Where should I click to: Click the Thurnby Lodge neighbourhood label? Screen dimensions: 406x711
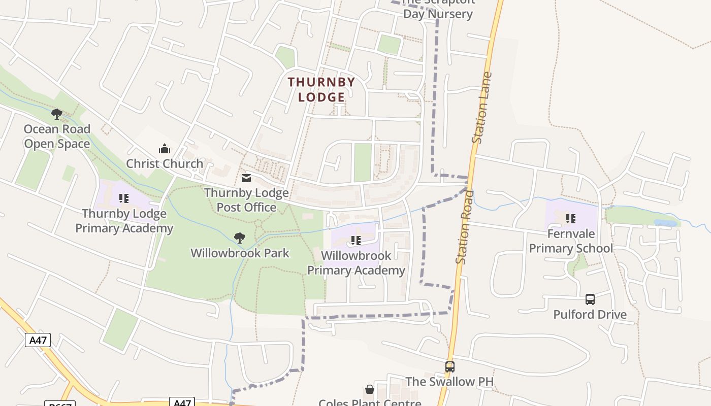(x=321, y=89)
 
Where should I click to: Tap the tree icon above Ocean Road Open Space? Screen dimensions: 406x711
(x=57, y=114)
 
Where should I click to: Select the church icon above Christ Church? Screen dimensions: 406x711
(x=165, y=149)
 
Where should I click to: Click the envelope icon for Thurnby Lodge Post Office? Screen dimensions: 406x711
(x=246, y=178)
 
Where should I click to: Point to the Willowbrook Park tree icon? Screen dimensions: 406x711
(x=240, y=238)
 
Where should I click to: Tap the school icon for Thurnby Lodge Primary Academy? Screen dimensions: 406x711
(x=124, y=198)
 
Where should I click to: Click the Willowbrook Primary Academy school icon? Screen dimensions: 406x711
(x=356, y=241)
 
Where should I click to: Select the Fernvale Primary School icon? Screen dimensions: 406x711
(x=571, y=219)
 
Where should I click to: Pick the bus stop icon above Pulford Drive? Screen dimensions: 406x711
(x=590, y=299)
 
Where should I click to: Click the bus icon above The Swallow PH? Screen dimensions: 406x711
(x=449, y=366)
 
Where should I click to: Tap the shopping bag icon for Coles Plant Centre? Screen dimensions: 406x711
(x=370, y=389)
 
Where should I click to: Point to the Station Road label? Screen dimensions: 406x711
(x=465, y=227)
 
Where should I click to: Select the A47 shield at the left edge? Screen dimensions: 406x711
(x=38, y=340)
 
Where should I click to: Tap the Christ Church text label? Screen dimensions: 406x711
(x=165, y=164)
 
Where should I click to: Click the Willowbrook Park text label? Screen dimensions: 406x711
(x=240, y=253)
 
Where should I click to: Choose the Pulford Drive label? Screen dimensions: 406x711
(x=590, y=315)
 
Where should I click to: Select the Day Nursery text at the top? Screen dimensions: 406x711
(x=438, y=14)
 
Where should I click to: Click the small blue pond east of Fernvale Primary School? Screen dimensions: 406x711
(x=666, y=223)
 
